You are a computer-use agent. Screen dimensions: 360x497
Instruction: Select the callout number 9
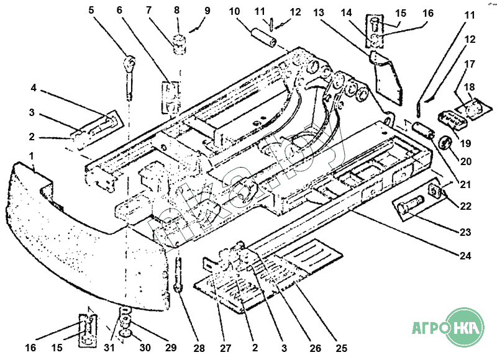click(x=207, y=11)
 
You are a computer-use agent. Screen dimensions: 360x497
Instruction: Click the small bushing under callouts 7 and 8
click(x=179, y=45)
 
